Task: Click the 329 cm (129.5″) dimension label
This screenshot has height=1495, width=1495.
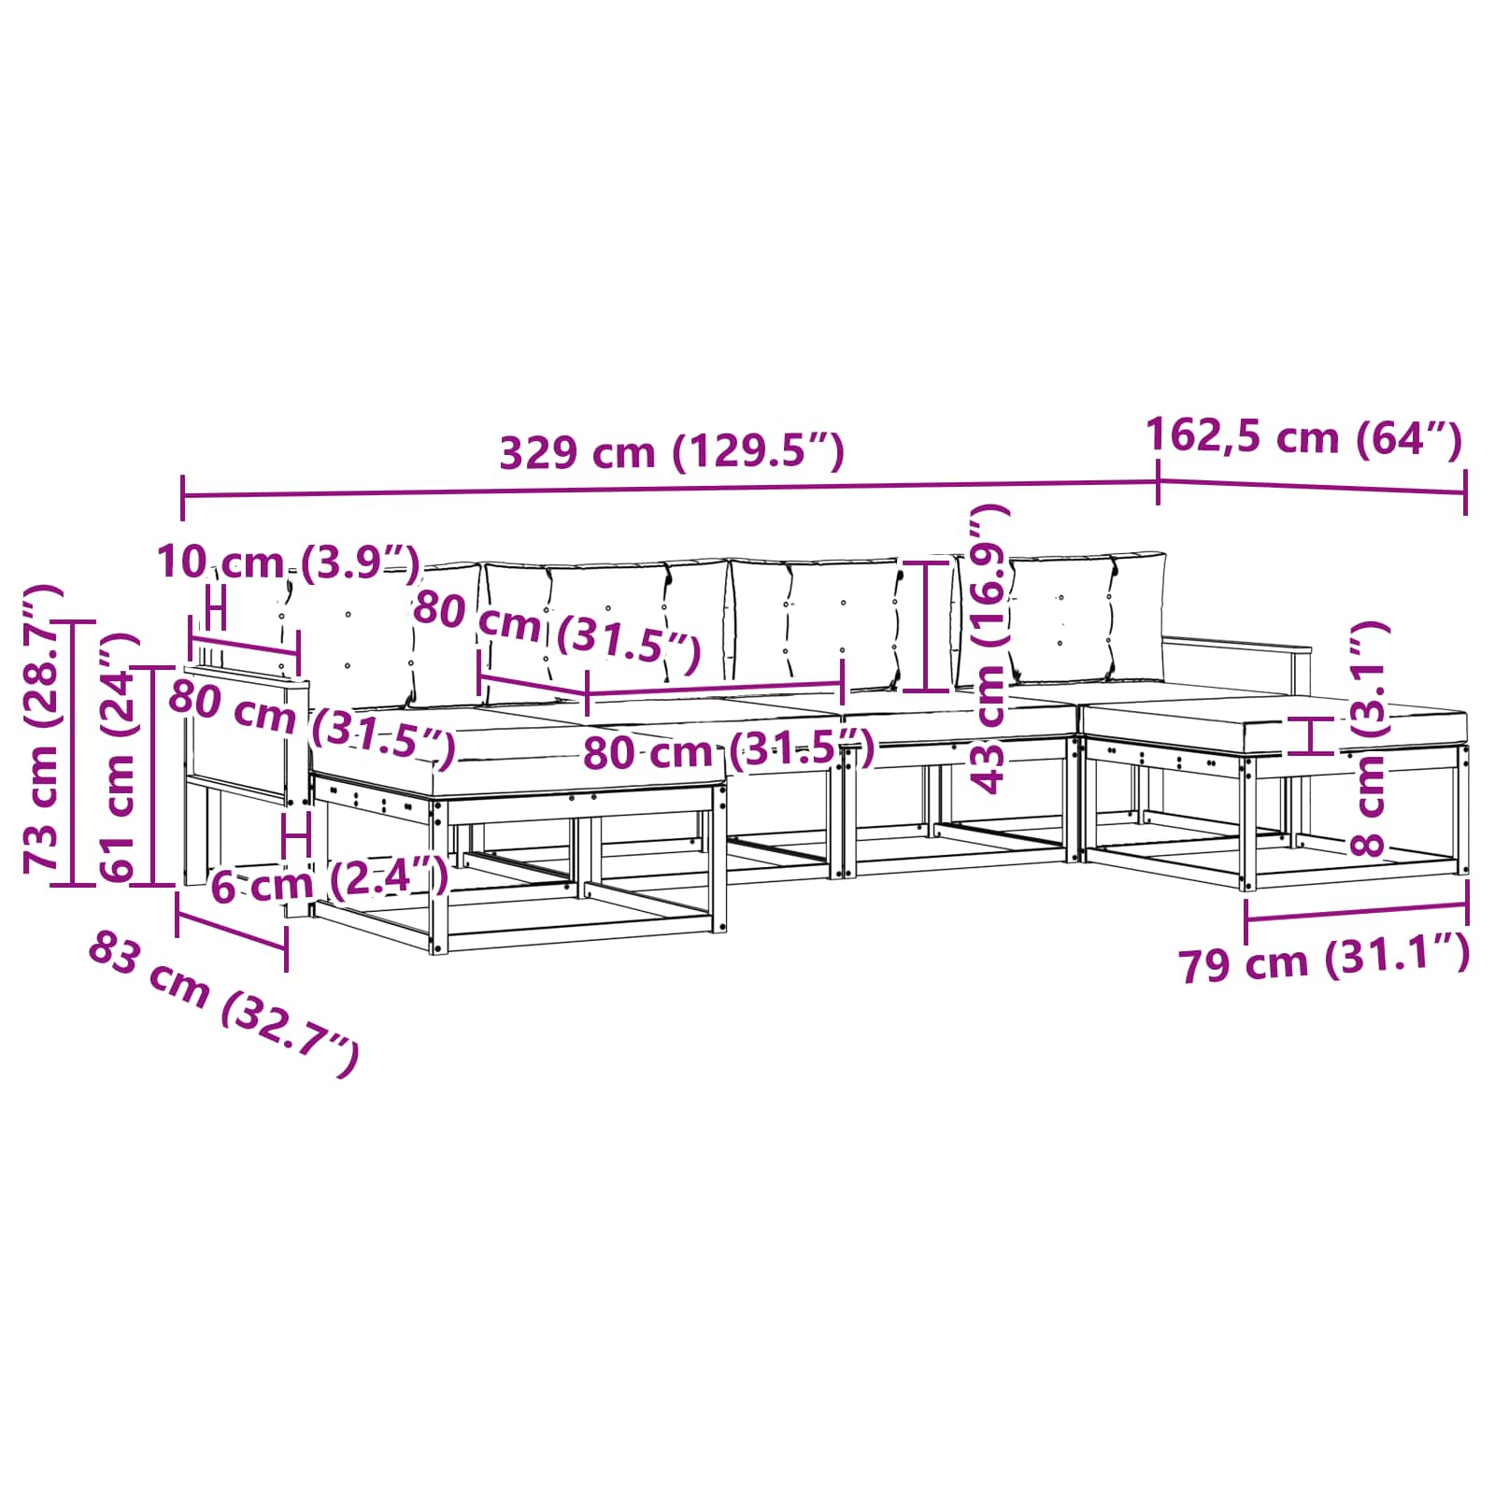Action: point(672,452)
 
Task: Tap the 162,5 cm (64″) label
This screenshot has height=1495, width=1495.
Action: point(1303,436)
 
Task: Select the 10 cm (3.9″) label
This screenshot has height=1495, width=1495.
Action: point(289,562)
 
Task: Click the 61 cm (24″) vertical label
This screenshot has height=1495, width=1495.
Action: point(119,757)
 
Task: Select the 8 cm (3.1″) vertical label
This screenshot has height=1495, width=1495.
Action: point(1369,739)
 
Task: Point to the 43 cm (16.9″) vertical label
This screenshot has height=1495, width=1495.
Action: point(990,648)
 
